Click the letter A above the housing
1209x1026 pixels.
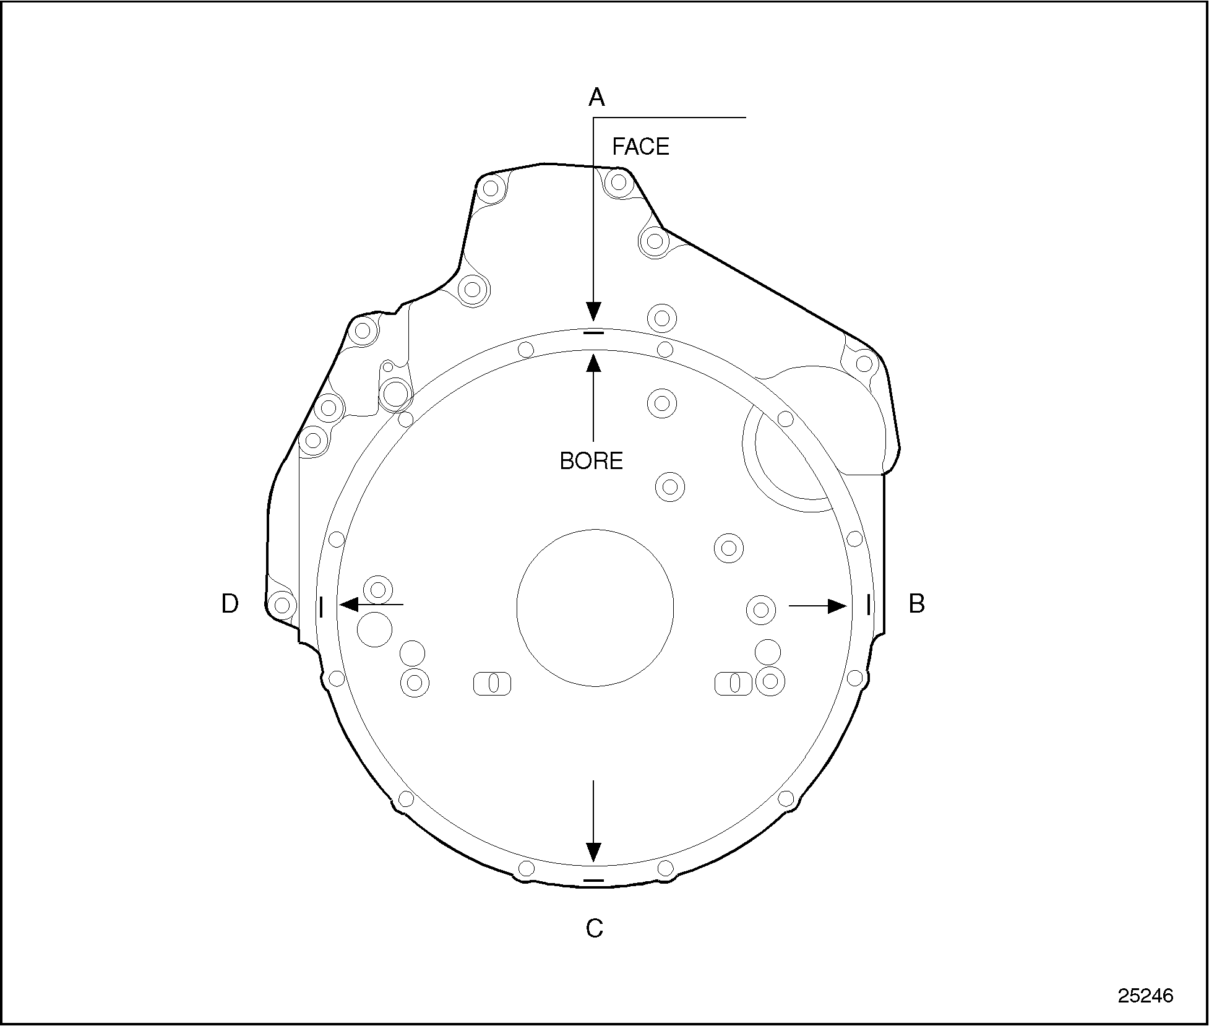point(596,98)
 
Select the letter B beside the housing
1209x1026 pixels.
point(916,603)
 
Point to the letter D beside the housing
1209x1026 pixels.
point(230,603)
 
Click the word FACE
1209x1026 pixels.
point(640,147)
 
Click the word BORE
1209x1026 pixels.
point(591,461)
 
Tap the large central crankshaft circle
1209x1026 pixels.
point(595,607)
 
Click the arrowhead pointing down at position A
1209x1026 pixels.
point(593,311)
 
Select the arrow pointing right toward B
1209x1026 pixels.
point(818,606)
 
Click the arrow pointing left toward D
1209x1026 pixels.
point(371,604)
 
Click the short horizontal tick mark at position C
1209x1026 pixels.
point(593,879)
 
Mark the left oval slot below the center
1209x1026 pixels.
point(493,683)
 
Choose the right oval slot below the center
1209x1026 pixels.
point(734,683)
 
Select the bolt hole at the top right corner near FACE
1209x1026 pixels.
point(617,182)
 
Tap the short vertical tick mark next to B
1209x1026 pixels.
point(868,605)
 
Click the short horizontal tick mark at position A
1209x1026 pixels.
point(593,333)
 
